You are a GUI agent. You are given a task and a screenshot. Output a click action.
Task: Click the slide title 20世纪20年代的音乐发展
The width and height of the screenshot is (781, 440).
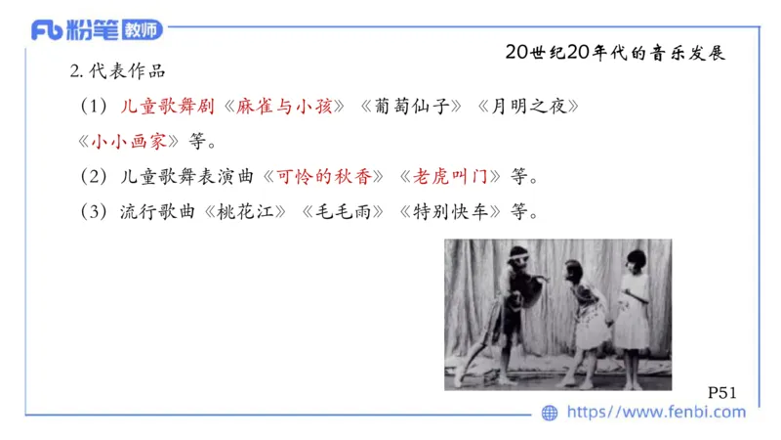(616, 53)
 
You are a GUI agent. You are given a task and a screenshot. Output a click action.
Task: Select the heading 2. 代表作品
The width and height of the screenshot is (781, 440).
(117, 71)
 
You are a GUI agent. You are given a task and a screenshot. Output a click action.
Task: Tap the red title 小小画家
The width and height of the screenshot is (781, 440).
(134, 141)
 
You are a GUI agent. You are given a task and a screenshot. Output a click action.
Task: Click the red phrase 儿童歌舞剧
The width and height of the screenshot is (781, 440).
(164, 107)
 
